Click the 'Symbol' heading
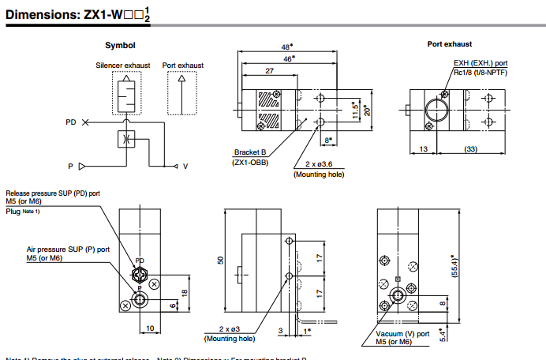click(120, 45)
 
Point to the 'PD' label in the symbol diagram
click(72, 122)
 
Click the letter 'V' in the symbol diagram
click(185, 166)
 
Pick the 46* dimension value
click(289, 58)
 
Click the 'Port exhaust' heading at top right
click(450, 44)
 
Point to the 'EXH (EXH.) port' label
click(480, 64)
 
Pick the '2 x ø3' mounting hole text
click(230, 328)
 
